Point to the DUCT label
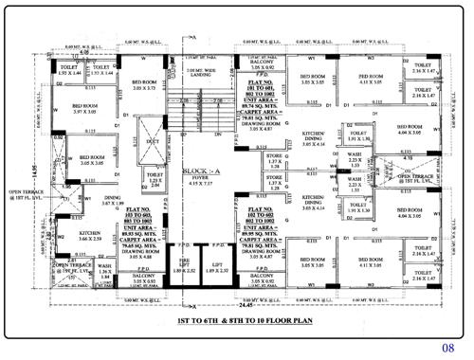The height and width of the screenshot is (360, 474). pyautogui.click(x=155, y=141)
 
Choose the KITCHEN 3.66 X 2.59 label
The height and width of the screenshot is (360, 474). pyautogui.click(x=91, y=235)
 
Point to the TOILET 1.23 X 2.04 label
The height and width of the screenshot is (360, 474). pyautogui.click(x=155, y=178)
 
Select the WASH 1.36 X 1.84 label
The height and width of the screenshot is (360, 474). pyautogui.click(x=104, y=271)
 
